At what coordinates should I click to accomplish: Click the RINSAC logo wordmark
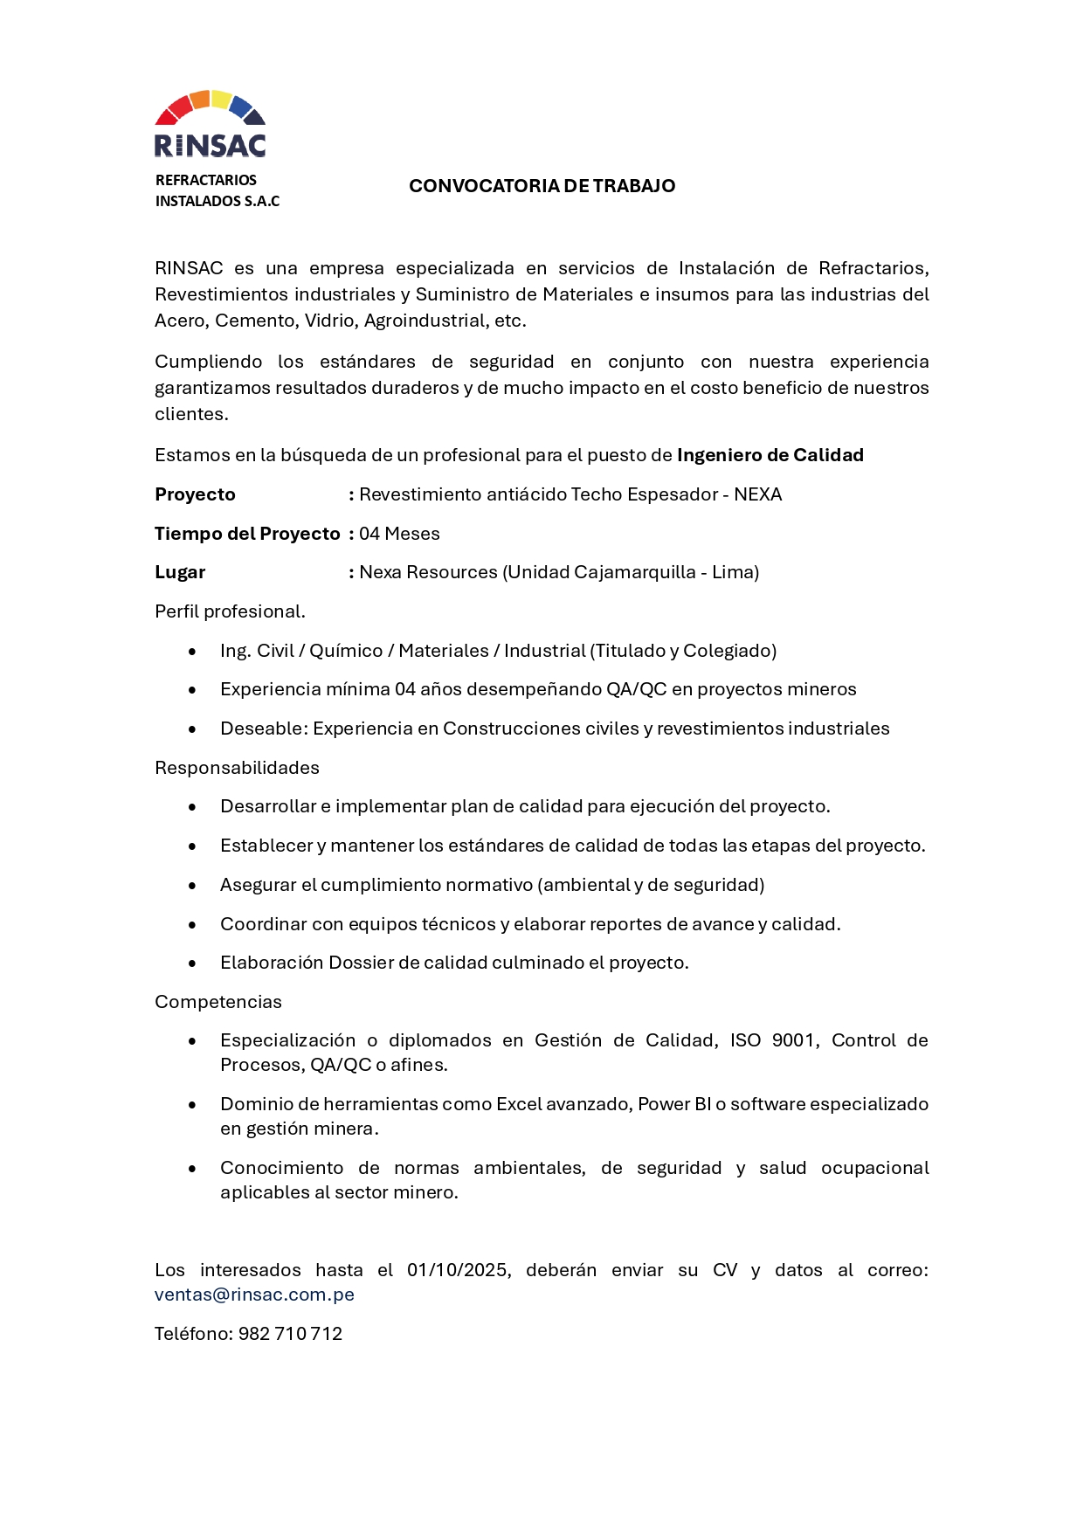click(x=210, y=145)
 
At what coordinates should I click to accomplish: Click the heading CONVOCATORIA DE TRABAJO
click(x=542, y=186)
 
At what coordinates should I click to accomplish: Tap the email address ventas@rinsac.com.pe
click(x=254, y=1295)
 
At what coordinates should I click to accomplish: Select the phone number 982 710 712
click(x=290, y=1334)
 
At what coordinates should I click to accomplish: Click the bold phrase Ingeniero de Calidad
click(x=770, y=455)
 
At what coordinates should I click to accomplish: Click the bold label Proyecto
click(x=195, y=494)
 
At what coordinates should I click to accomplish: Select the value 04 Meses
click(x=399, y=534)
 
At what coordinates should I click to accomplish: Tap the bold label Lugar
click(x=180, y=572)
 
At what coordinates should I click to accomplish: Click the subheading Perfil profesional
click(x=230, y=611)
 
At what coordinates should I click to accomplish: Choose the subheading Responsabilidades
click(x=237, y=768)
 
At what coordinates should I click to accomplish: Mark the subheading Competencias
click(x=218, y=1002)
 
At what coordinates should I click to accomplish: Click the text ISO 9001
click(x=774, y=1040)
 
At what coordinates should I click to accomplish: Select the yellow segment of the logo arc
click(x=222, y=99)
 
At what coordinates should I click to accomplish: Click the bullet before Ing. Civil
click(x=192, y=652)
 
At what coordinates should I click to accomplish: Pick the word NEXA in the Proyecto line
click(x=757, y=494)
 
